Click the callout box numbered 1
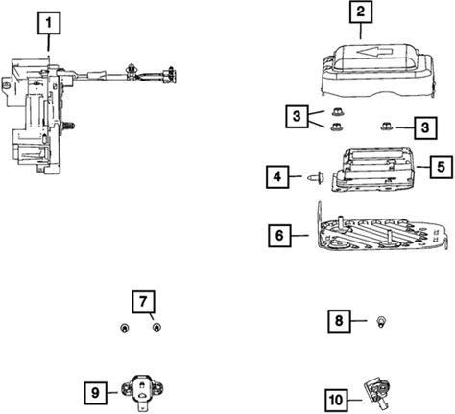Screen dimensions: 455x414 [49, 23]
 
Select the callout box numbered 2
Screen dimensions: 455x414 [361, 11]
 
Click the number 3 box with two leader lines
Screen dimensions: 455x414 [298, 116]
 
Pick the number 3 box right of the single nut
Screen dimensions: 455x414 [425, 127]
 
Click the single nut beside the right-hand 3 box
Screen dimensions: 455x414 [386, 126]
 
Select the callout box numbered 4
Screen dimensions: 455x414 [277, 176]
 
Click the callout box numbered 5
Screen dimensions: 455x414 [442, 167]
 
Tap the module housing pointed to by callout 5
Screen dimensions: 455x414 [373, 170]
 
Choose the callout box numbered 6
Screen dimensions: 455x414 [279, 236]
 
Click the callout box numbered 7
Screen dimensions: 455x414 [143, 302]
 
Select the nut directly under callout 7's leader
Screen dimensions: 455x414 [156, 328]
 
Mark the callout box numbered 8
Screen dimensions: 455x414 [339, 321]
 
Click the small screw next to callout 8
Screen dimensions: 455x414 [380, 321]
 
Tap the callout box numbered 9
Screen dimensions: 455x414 [96, 393]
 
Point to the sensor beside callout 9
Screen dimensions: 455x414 [142, 390]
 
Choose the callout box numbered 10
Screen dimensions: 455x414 [336, 400]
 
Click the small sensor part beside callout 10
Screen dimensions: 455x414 [377, 392]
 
